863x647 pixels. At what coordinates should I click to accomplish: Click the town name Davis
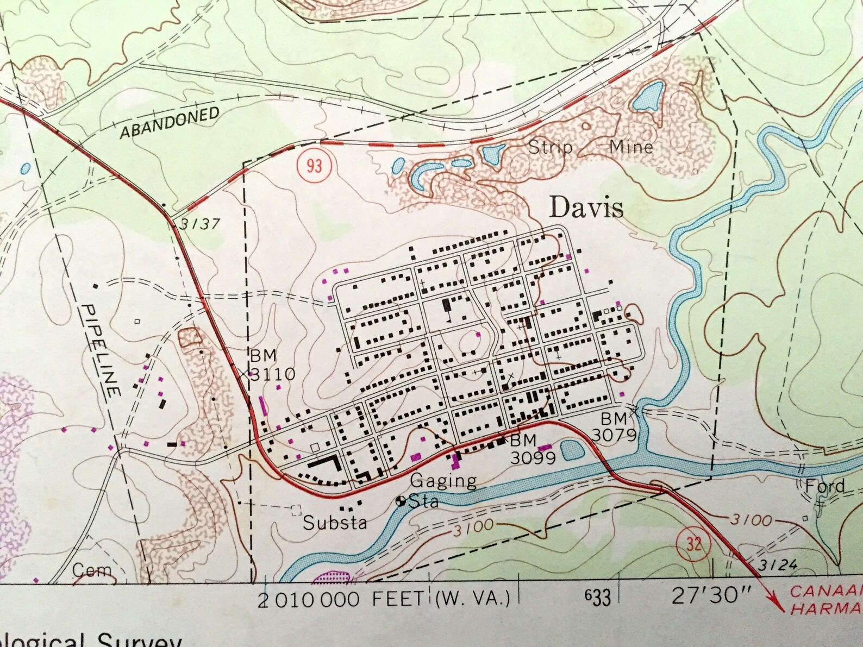click(586, 208)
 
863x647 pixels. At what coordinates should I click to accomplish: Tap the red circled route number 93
click(314, 165)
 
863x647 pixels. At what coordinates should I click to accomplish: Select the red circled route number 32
click(694, 544)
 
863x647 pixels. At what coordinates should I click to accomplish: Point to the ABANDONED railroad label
click(170, 123)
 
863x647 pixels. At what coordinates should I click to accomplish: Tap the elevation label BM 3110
click(272, 365)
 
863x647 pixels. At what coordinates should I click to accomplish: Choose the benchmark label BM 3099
click(532, 449)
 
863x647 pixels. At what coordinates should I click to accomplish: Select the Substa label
click(335, 523)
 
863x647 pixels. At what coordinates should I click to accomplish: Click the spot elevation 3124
click(778, 566)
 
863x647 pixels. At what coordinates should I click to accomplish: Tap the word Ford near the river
click(825, 486)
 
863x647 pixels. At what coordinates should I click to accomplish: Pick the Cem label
click(91, 570)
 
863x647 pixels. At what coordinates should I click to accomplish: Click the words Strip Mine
click(590, 147)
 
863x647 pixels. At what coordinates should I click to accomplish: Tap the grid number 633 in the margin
click(597, 598)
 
